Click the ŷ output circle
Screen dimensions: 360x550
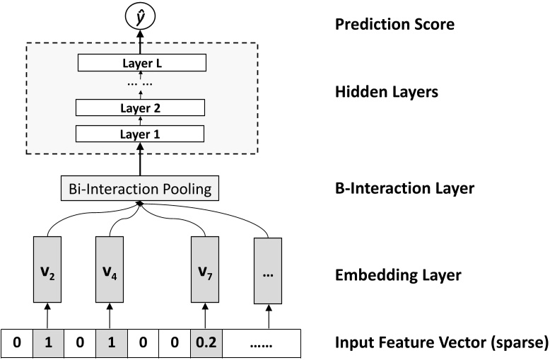pyautogui.click(x=139, y=16)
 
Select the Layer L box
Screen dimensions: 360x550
pyautogui.click(x=139, y=63)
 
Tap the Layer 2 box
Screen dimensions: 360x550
pyautogui.click(x=139, y=108)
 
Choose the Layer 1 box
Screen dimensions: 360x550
pyautogui.click(x=139, y=134)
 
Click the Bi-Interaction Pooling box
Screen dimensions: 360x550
pyautogui.click(x=139, y=189)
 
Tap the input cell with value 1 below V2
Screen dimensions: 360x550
pyautogui.click(x=48, y=346)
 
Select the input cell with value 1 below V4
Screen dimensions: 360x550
pyautogui.click(x=110, y=346)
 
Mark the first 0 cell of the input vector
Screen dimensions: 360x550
pyautogui.click(x=16, y=346)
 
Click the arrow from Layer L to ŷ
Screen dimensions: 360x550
pyautogui.click(x=139, y=41)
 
